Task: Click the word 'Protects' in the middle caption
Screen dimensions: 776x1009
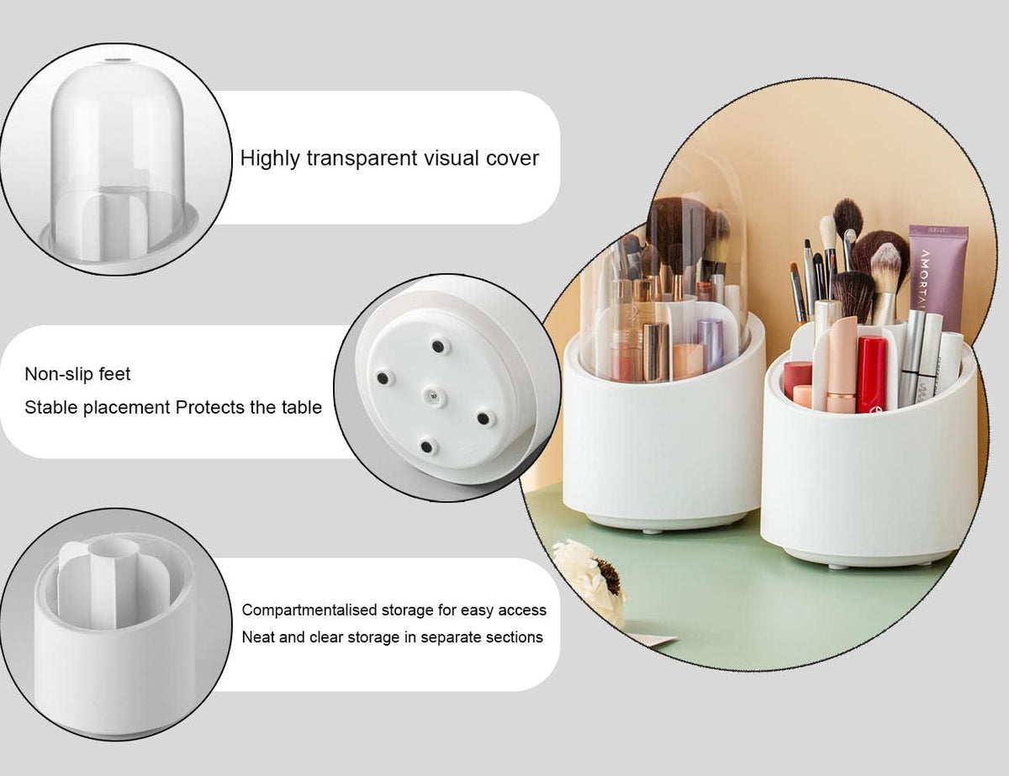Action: coord(212,408)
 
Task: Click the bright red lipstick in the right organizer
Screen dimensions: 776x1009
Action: coord(871,373)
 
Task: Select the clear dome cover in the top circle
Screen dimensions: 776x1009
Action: coord(118,143)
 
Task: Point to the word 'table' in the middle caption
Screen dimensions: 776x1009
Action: coord(303,408)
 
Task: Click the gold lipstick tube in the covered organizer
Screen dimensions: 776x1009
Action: coord(656,350)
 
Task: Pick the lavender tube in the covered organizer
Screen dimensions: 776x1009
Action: coord(711,343)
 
